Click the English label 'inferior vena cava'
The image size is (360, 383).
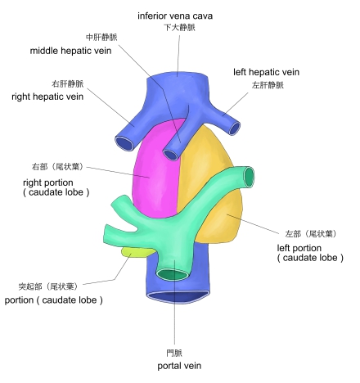175,16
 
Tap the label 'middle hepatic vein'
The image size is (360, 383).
70,51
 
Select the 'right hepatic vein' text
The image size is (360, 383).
47,97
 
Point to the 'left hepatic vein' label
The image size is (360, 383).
266,72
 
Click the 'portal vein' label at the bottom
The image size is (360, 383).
179,366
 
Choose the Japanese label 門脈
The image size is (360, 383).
174,353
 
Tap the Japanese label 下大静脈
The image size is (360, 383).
179,27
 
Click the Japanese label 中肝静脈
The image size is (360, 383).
101,37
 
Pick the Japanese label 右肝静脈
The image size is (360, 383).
68,83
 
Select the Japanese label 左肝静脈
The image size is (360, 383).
268,85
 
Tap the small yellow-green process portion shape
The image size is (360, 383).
137,251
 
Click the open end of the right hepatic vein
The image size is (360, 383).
124,142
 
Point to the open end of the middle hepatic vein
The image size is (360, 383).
171,155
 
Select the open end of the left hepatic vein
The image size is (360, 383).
234,128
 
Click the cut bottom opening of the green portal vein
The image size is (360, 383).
173,274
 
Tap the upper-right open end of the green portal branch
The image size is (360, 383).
249,177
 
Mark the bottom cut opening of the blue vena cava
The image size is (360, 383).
178,296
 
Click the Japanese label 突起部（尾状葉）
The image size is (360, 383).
48,286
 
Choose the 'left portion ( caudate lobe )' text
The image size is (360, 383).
310,253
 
